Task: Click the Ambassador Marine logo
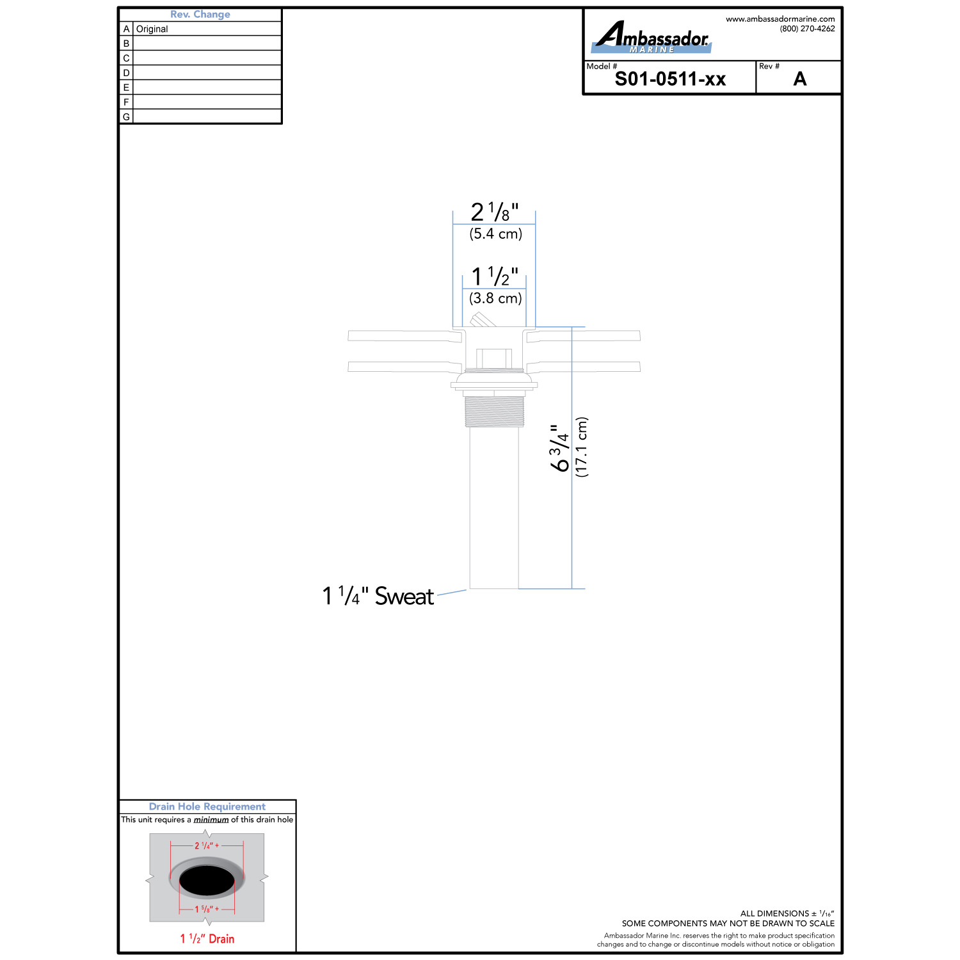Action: pyautogui.click(x=652, y=37)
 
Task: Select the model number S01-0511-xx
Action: pyautogui.click(x=670, y=79)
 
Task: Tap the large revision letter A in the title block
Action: pyautogui.click(x=800, y=79)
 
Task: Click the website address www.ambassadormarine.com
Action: pyautogui.click(x=780, y=19)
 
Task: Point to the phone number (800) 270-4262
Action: pyautogui.click(x=807, y=29)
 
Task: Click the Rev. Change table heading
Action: pyautogui.click(x=200, y=14)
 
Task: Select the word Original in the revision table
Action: pyautogui.click(x=152, y=29)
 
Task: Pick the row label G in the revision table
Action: pyautogui.click(x=126, y=117)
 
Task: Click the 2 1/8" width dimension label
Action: pyautogui.click(x=495, y=212)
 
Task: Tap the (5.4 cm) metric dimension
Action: pyautogui.click(x=496, y=234)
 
